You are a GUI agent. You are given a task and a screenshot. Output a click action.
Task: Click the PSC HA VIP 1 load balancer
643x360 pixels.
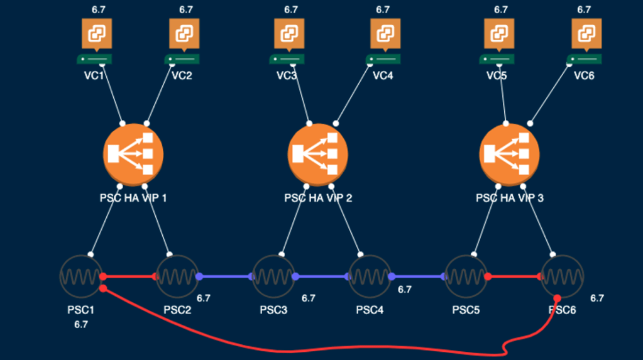point(133,153)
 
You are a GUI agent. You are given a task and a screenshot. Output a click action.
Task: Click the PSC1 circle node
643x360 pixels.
point(80,276)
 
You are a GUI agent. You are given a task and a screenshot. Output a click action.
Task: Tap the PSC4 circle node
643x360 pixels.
point(370,276)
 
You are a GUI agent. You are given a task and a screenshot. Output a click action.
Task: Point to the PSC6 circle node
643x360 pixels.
point(562,276)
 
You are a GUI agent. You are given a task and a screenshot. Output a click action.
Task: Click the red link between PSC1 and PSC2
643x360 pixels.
point(129,276)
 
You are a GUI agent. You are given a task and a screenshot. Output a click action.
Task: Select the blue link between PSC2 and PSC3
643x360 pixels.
point(225,276)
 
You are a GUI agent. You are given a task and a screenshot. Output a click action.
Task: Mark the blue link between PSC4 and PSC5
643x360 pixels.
point(418,276)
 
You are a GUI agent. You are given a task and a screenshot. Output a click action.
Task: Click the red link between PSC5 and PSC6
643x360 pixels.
point(515,276)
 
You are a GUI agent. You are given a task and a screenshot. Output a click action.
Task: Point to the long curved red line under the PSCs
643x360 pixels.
point(314,347)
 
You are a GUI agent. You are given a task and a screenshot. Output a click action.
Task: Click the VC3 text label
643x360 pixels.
point(287,75)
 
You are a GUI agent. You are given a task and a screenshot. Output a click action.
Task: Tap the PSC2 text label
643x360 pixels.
point(177,310)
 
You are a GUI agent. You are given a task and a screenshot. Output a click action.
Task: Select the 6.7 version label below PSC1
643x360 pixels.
point(80,325)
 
